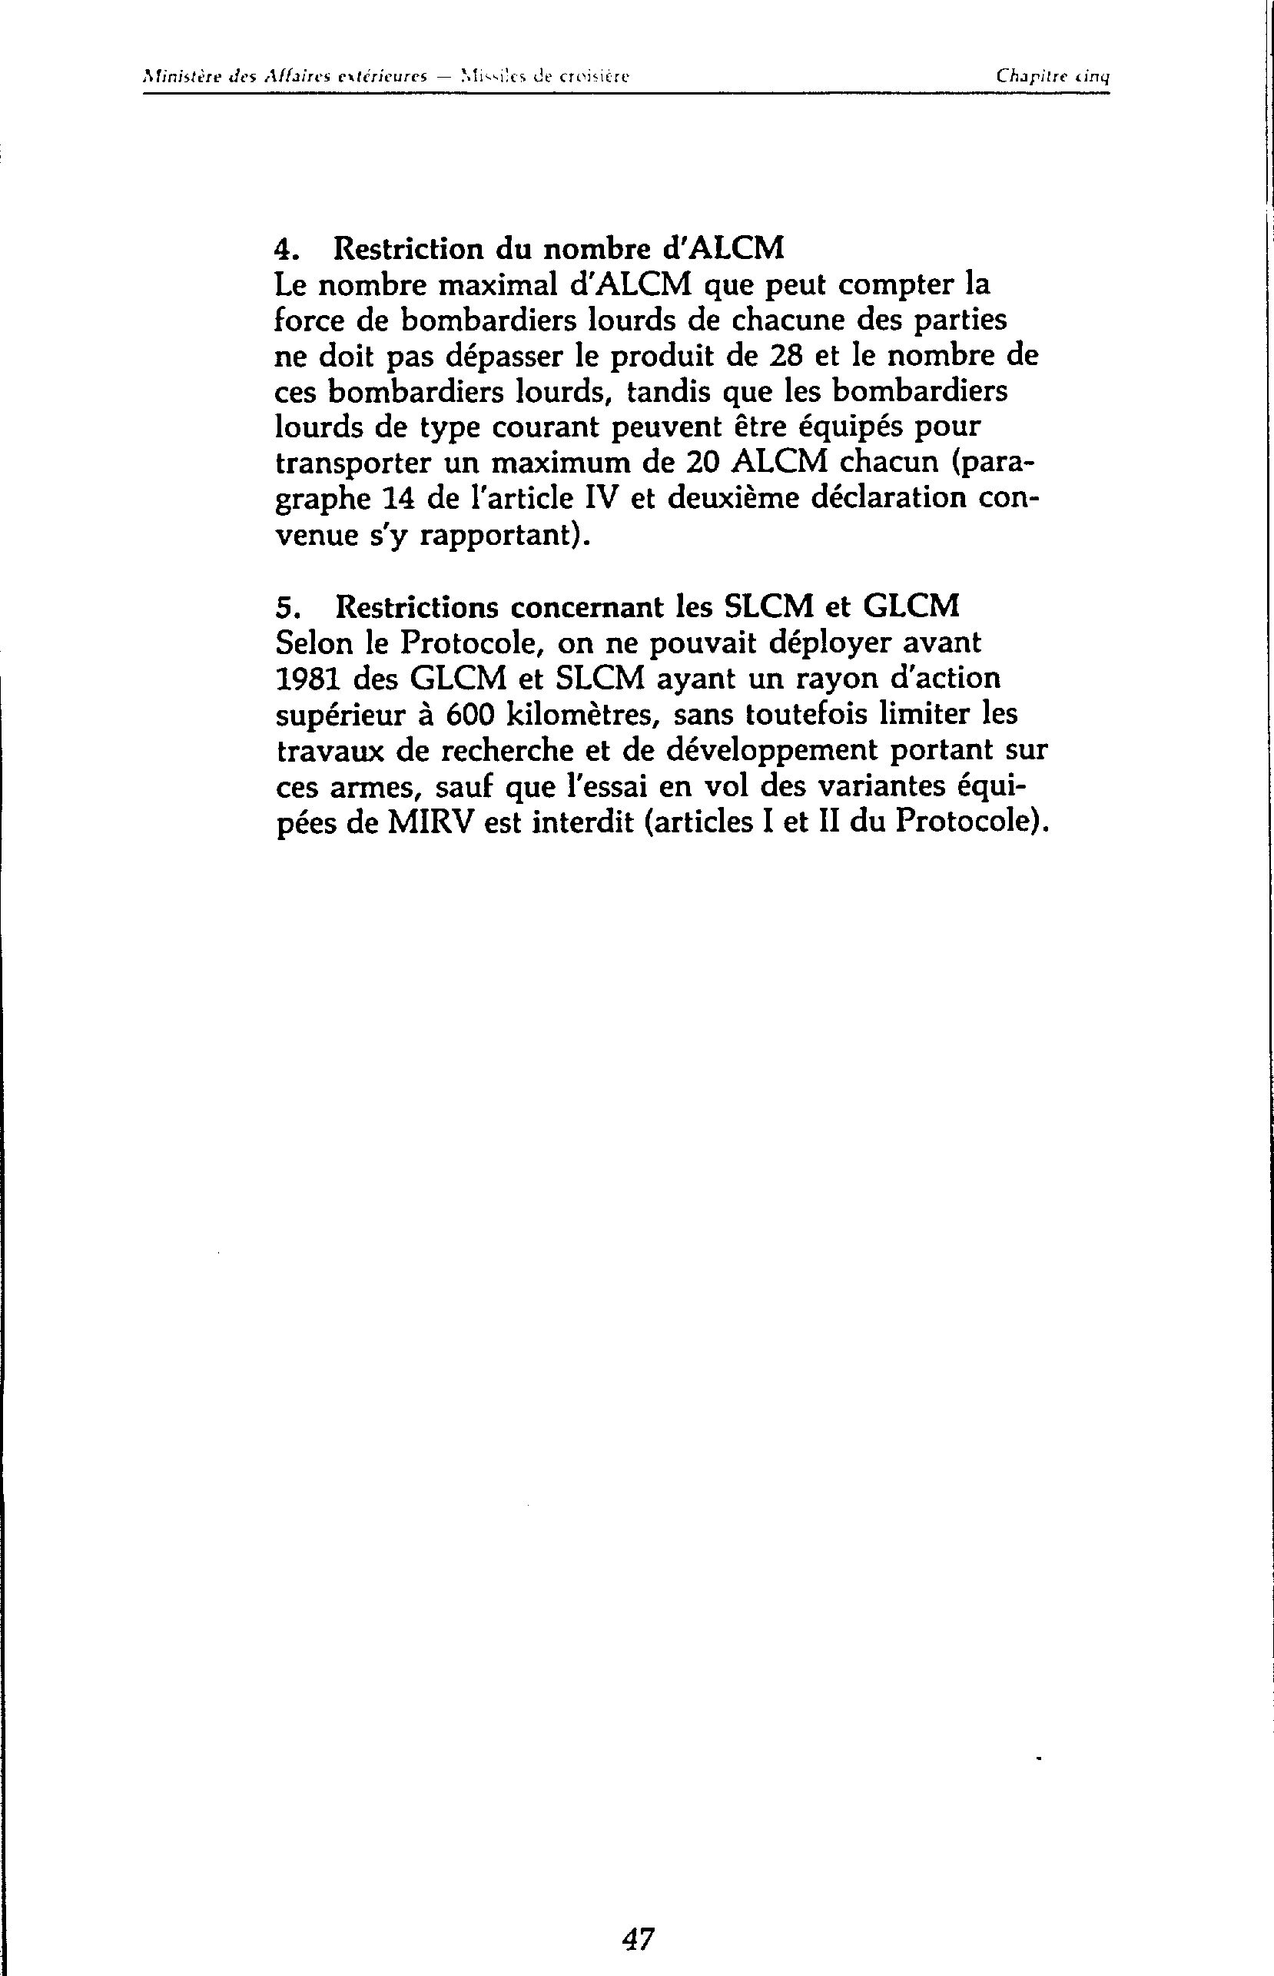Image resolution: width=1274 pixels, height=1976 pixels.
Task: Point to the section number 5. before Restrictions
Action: [284, 608]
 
